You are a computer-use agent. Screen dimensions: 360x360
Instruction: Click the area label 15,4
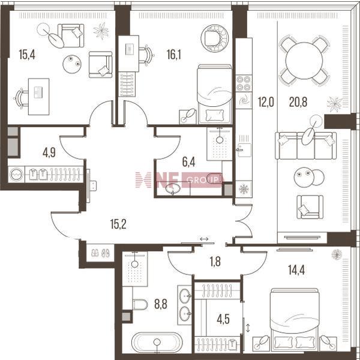click(27, 55)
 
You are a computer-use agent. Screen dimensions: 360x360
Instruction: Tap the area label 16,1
click(174, 55)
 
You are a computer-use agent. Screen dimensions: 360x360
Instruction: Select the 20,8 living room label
click(298, 102)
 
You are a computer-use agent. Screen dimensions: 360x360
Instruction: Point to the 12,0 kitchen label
click(266, 102)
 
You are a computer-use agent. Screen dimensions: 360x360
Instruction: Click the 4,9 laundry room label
click(49, 152)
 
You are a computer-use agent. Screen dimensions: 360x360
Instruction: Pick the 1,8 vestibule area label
click(215, 262)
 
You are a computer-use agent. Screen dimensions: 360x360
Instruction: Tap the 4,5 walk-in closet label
click(223, 319)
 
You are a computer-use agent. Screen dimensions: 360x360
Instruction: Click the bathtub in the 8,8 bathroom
click(157, 343)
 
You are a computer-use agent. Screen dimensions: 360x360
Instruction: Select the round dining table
click(304, 61)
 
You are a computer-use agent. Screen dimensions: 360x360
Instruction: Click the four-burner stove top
click(244, 83)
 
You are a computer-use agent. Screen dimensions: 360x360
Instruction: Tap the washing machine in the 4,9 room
click(17, 175)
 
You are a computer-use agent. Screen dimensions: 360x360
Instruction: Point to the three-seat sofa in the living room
click(306, 146)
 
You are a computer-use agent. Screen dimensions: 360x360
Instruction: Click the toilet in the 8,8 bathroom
click(140, 304)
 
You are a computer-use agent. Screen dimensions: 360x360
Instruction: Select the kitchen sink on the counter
click(244, 149)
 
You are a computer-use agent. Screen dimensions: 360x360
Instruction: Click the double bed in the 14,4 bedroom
click(295, 319)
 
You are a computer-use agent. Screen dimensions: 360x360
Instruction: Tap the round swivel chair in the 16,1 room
click(214, 38)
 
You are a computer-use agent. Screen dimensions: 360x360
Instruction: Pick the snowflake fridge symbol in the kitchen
click(244, 190)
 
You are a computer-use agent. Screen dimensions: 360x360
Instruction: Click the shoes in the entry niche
click(100, 253)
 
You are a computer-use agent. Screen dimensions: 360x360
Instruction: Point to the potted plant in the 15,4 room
click(101, 31)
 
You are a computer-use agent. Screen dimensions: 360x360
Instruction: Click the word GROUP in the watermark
click(203, 180)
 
